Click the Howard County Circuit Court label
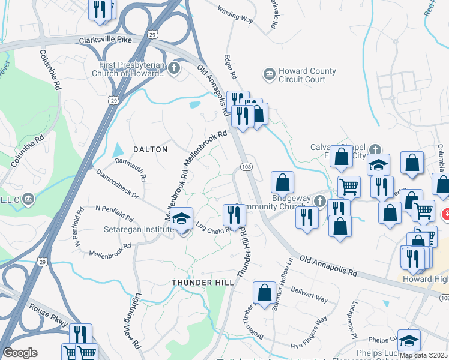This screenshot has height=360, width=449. [x=302, y=75]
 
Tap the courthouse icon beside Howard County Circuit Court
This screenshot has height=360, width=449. [x=268, y=75]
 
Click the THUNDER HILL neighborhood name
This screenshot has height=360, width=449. [x=198, y=282]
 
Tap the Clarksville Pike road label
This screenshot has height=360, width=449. [x=105, y=40]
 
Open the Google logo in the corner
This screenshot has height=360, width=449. [x=20, y=352]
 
